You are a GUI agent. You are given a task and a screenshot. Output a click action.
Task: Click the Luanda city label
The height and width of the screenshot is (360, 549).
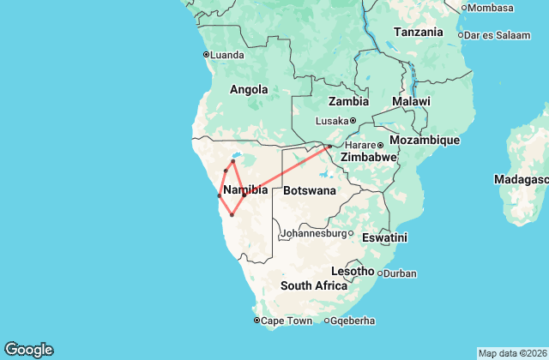pos(226,55)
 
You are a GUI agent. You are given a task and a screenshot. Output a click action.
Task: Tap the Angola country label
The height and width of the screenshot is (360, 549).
pos(249,89)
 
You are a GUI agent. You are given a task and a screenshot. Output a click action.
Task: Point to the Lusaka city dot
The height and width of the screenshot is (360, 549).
pos(353,120)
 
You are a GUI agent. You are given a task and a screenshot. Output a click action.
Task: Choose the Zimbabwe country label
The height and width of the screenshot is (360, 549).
pos(368,158)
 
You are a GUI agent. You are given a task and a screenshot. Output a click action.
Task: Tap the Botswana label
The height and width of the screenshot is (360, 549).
pos(310,190)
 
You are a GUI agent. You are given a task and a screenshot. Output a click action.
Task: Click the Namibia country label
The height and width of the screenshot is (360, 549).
pos(245,189)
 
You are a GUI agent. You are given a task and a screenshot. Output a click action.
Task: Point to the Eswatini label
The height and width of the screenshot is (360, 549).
pos(384,237)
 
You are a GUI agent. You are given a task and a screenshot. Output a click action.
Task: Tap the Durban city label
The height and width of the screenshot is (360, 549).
pos(399,274)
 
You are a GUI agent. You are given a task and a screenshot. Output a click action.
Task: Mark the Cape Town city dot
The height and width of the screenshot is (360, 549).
pos(256,321)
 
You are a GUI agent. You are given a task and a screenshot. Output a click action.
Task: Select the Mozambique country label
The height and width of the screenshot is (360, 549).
pos(425,140)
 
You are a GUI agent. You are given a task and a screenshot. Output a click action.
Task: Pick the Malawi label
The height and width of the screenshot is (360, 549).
pos(411,101)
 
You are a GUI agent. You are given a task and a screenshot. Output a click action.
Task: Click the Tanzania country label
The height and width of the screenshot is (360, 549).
pos(418,32)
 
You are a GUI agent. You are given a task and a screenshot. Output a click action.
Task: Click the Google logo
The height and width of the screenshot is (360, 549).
pos(28,349)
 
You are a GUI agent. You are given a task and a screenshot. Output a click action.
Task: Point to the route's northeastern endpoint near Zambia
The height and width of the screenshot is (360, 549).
pos(329,146)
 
